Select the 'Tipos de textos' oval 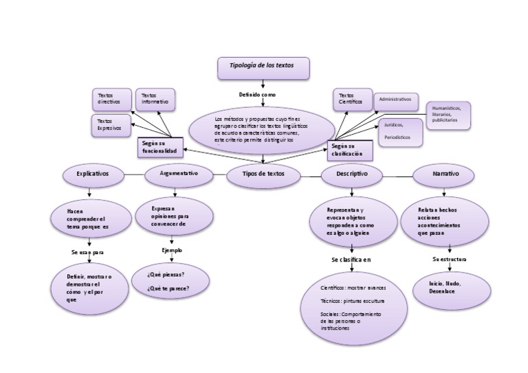pos(264,175)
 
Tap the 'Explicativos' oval pos(93,175)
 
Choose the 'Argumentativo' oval pos(178,175)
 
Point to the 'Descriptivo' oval pos(352,175)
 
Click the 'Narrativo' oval pos(445,175)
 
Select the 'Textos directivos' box pos(112,99)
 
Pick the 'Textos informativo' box pos(155,99)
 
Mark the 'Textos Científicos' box pos(352,100)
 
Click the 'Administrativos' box pos(395,100)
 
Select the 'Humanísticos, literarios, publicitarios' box pos(448,115)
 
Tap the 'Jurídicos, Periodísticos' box pos(400,131)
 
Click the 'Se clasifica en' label pos(351,260)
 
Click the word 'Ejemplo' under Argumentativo pos(172,251)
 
